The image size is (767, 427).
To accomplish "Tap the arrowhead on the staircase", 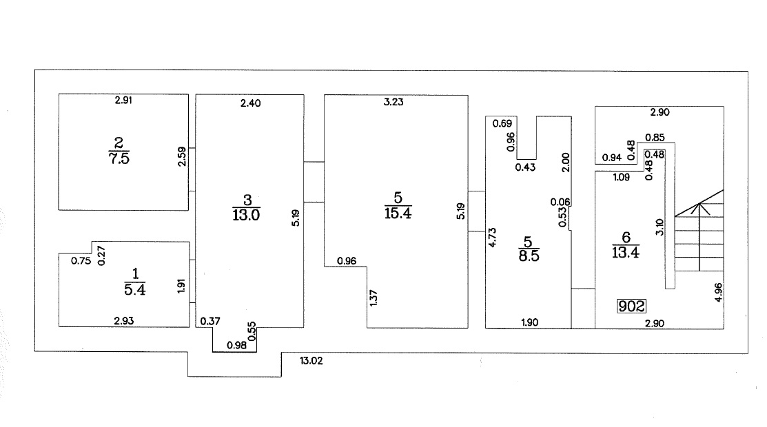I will click(x=699, y=204).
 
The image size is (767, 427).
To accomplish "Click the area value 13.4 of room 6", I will click(x=625, y=251).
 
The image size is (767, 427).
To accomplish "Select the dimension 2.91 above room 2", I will click(x=123, y=101).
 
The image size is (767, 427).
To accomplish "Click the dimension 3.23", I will click(x=393, y=103).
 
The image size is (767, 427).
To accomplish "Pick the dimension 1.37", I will click(x=374, y=298).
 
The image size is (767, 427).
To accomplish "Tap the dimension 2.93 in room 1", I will click(x=123, y=320).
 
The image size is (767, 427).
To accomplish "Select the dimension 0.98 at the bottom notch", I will click(x=236, y=345).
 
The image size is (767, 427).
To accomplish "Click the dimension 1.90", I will click(x=529, y=322).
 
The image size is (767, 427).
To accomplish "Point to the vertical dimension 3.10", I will click(x=659, y=228).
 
